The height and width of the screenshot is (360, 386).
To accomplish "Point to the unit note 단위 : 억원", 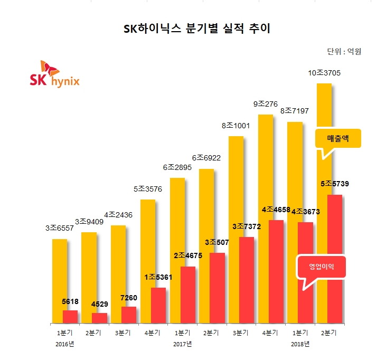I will tap(344, 52).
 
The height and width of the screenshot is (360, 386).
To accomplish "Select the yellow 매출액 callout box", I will tap(338, 139).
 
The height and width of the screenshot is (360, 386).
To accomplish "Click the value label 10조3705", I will tap(324, 73).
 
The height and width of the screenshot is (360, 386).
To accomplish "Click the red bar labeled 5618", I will tap(70, 316).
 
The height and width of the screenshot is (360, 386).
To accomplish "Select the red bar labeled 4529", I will tap(100, 318).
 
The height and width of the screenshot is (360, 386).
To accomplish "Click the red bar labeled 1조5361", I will tap(158, 305).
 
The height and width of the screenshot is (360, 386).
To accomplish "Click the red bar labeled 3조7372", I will tap(247, 280).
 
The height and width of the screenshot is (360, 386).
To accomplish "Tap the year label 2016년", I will tap(64, 344).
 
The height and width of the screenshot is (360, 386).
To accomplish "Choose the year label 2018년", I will tap(300, 344).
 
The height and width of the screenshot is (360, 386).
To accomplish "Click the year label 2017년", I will tap(182, 344).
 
